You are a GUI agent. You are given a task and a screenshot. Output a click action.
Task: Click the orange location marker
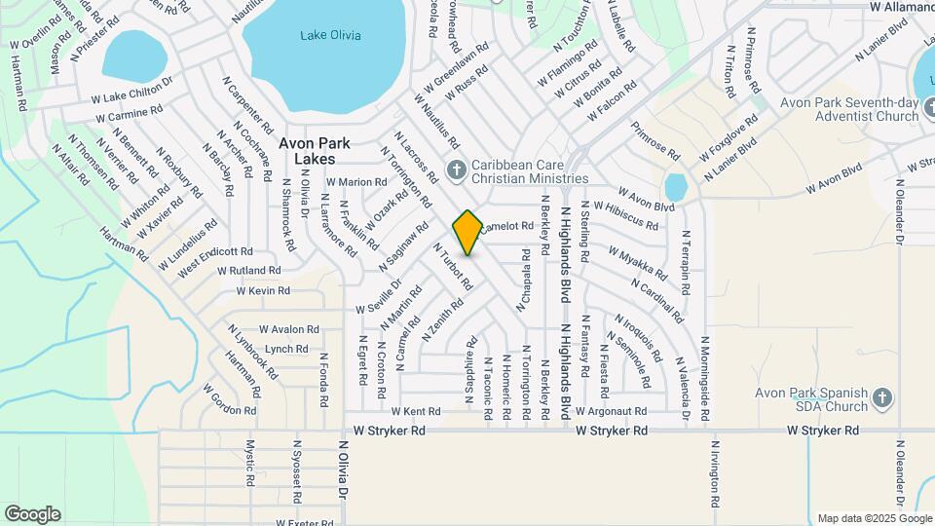tap(467, 232)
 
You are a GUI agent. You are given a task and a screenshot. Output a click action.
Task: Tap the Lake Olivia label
tap(329, 36)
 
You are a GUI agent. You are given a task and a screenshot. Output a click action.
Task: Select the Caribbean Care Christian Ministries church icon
tap(455, 171)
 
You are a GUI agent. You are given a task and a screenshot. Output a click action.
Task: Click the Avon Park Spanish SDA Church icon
tap(881, 398)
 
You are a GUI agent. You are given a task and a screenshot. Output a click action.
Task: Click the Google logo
tap(32, 514)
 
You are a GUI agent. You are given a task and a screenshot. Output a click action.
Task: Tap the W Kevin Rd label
tap(263, 290)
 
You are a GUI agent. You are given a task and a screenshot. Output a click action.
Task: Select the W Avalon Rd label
tap(289, 329)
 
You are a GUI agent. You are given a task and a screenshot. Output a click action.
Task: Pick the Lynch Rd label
tap(286, 349)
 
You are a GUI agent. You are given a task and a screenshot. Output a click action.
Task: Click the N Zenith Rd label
tap(442, 319)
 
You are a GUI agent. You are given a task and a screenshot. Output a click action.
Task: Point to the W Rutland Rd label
tap(249, 270)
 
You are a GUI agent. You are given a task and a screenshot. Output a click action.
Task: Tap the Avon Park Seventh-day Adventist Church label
tap(849, 109)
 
